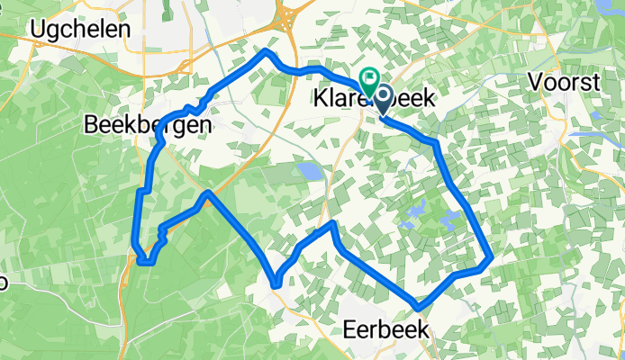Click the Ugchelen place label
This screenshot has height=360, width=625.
coord(80,28)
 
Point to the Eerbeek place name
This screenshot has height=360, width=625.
coord(386,330)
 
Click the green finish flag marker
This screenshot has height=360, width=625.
coord(368,79)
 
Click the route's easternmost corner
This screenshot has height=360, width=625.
coord(492,259)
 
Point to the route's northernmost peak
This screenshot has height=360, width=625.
coord(265,51)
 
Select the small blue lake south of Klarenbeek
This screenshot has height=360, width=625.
coord(309,169)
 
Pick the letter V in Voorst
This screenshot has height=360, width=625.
coord(534,82)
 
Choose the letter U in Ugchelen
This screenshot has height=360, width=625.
coord(38,28)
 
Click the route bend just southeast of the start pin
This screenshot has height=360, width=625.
coord(436,142)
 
